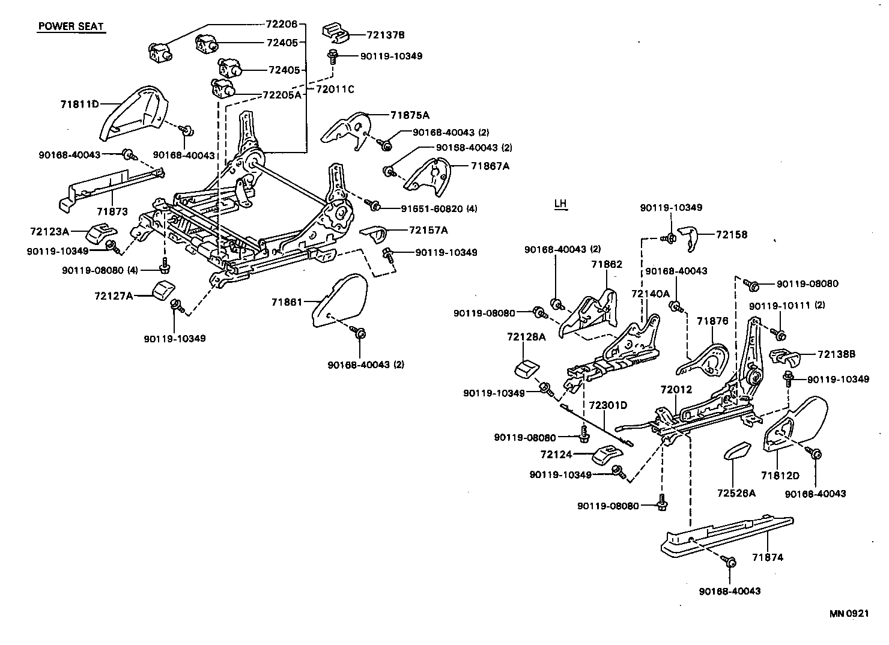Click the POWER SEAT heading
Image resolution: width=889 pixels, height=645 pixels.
click(x=71, y=26)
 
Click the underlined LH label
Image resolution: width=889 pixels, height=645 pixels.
click(x=560, y=204)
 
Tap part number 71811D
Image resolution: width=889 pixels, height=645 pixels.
click(x=79, y=104)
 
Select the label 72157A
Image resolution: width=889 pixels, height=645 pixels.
click(x=428, y=230)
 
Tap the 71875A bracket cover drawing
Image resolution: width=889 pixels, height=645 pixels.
click(x=347, y=130)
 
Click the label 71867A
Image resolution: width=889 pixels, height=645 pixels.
click(x=490, y=166)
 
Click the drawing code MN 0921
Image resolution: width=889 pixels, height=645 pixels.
click(x=849, y=613)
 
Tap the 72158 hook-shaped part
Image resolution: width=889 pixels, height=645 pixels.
click(x=688, y=238)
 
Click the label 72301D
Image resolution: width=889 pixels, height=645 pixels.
click(x=607, y=405)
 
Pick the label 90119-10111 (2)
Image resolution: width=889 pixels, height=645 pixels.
click(x=786, y=305)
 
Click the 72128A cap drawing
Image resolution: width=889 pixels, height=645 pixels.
click(x=527, y=368)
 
